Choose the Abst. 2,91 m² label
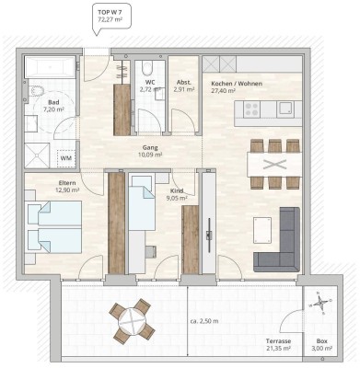[184, 87]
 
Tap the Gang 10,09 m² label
[149, 152]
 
